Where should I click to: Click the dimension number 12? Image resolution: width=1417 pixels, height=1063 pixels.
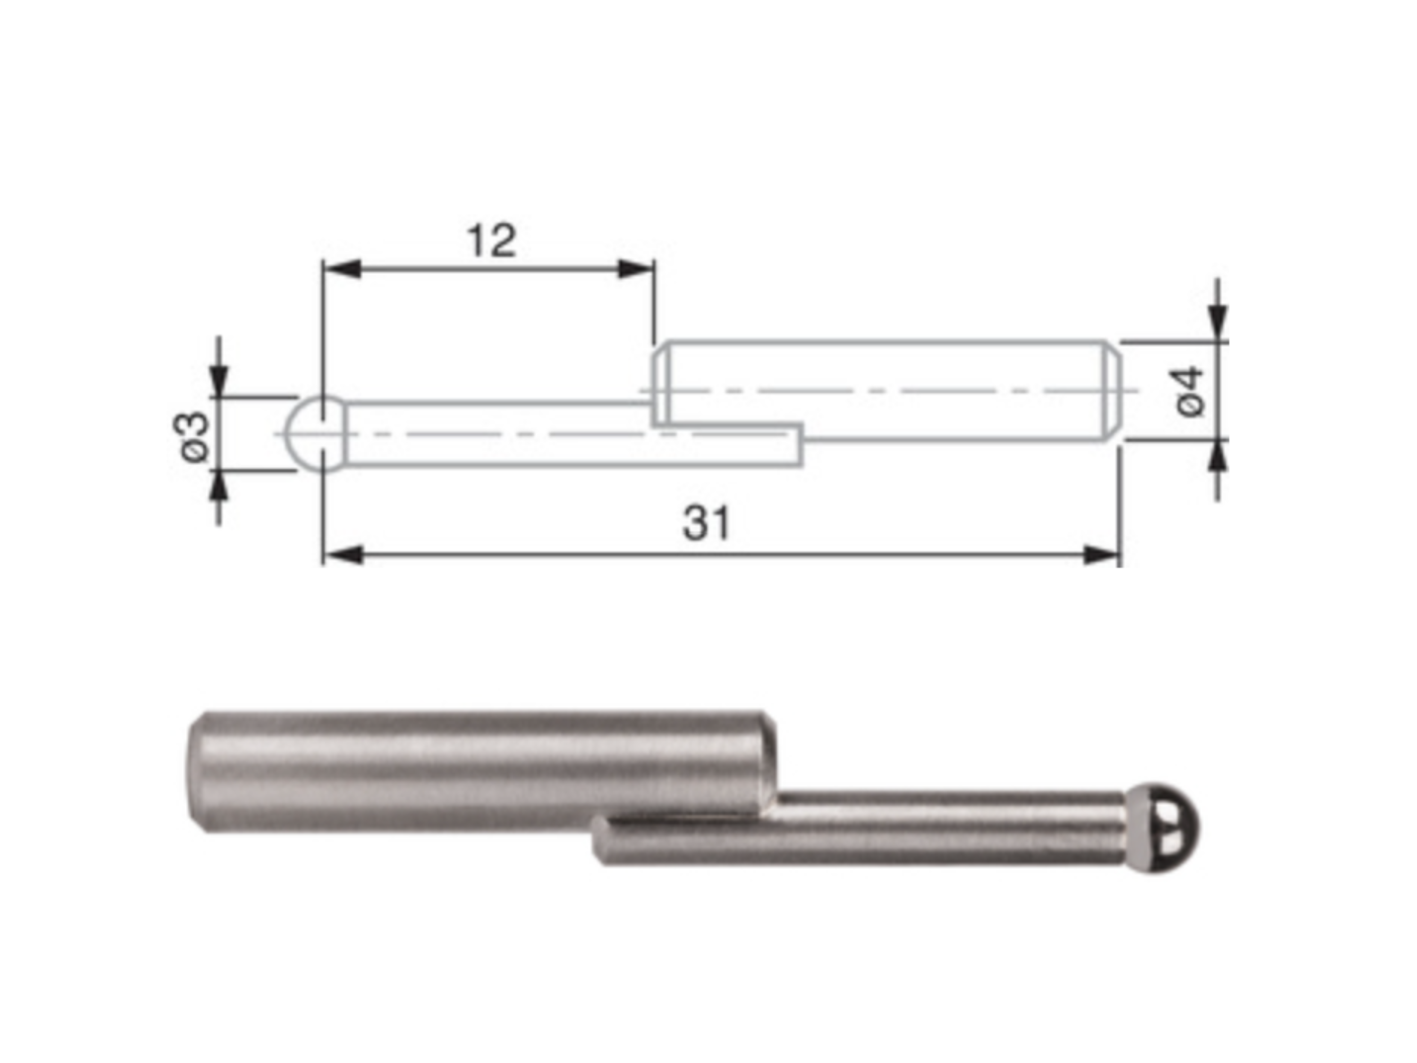click(x=491, y=241)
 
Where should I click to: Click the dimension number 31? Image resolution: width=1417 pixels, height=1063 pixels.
click(x=706, y=524)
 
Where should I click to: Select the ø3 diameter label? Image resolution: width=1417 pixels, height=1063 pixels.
click(x=192, y=436)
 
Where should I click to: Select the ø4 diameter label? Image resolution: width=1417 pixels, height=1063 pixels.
click(x=1191, y=391)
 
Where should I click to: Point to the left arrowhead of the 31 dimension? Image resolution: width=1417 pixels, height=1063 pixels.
click(x=343, y=555)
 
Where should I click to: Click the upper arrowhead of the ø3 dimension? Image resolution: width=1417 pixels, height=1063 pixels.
click(x=219, y=378)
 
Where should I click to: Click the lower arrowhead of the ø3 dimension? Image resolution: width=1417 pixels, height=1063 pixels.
click(x=219, y=490)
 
